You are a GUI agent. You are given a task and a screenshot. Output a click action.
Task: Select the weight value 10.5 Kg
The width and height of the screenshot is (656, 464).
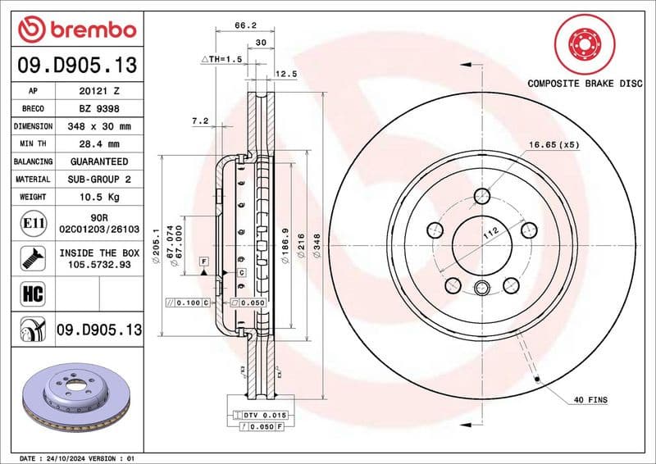[99, 197]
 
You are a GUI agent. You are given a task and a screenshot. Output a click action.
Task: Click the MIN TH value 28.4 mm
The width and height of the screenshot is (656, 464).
[99, 144]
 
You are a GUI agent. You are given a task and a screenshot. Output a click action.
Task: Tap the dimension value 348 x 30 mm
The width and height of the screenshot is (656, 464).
[99, 126]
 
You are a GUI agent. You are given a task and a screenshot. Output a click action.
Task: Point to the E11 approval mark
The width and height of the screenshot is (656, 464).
[30, 222]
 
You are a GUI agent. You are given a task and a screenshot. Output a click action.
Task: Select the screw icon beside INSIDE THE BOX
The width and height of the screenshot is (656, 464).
[30, 257]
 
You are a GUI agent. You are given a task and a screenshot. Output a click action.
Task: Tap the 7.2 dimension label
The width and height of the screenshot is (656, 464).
[199, 121]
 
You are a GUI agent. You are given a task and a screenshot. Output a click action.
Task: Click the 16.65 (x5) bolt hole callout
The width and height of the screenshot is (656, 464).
[554, 144]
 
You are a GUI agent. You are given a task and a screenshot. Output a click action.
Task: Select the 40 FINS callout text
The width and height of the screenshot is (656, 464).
[590, 399]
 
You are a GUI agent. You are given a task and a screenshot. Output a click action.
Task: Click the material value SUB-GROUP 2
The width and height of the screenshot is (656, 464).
[99, 179]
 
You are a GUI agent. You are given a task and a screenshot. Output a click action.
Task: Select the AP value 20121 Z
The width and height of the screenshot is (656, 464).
[99, 91]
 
